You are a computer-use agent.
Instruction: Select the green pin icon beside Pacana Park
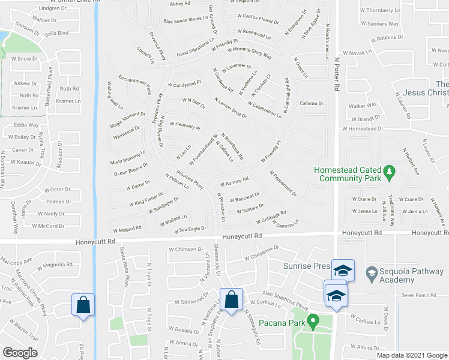[x=313, y=323]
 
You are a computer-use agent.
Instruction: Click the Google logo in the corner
[x=19, y=353]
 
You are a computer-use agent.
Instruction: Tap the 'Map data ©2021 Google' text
[x=411, y=355]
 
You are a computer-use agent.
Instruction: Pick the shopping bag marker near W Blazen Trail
[x=82, y=304]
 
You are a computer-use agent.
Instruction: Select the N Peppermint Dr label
[x=283, y=183]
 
